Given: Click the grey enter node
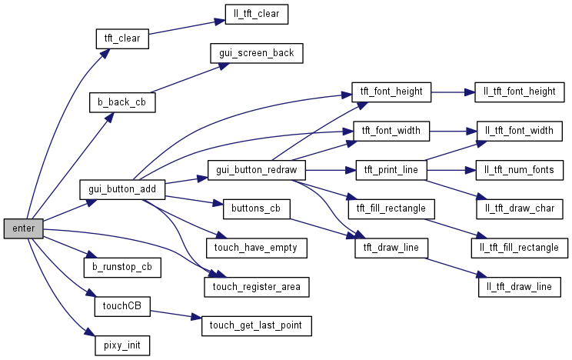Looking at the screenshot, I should click(x=23, y=228).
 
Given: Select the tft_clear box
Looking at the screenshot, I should click(x=121, y=38).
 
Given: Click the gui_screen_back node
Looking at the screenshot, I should click(x=256, y=53).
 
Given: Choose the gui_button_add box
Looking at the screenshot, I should click(x=122, y=188).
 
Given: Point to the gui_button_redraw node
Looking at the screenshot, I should click(x=257, y=169).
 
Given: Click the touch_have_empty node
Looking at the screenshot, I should click(x=256, y=248).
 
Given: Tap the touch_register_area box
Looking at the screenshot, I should click(x=256, y=287).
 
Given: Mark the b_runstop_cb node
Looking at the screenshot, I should click(x=122, y=267).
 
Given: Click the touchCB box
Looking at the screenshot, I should click(x=121, y=306).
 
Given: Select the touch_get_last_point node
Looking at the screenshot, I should click(x=256, y=325).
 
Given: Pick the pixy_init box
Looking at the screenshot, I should click(x=121, y=345).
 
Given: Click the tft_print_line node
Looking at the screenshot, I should click(x=391, y=169).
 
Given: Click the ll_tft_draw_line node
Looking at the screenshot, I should click(x=514, y=287).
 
